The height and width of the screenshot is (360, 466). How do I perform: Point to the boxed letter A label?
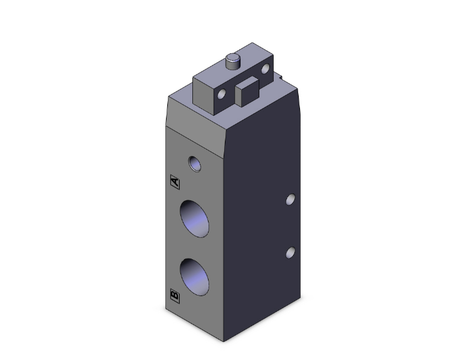[x=175, y=182]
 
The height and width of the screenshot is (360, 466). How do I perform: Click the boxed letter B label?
[x=175, y=294]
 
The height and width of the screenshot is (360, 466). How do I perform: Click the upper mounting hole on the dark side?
[x=289, y=199]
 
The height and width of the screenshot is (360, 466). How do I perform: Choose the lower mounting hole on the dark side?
[x=289, y=252]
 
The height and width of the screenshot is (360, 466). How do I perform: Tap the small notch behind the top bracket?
[x=282, y=78]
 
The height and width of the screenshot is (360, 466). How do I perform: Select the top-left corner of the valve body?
[x=169, y=96]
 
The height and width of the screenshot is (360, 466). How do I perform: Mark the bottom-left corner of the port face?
[x=166, y=312]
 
